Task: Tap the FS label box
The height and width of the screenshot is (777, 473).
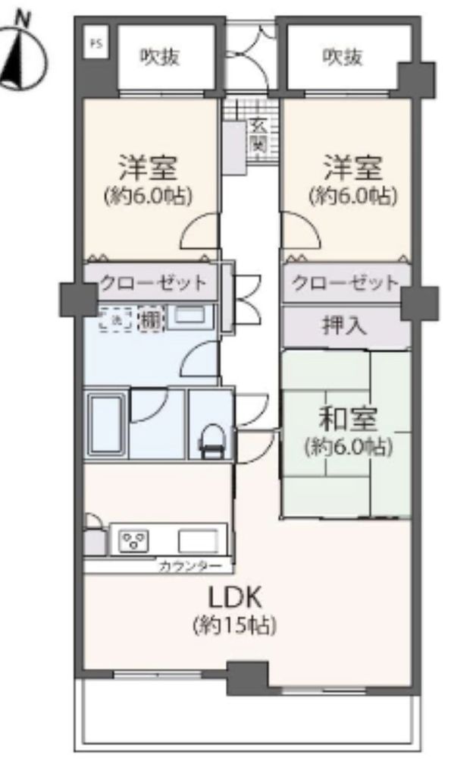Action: [x=96, y=43]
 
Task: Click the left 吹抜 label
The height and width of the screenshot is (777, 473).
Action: [x=160, y=57]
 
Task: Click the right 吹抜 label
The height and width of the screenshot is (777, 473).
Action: [x=342, y=57]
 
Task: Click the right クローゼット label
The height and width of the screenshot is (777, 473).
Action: [x=346, y=284]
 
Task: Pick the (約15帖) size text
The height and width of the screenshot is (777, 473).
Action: [x=233, y=626]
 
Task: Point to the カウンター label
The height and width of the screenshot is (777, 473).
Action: [x=190, y=566]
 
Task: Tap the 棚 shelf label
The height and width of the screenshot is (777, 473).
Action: [x=151, y=320]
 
